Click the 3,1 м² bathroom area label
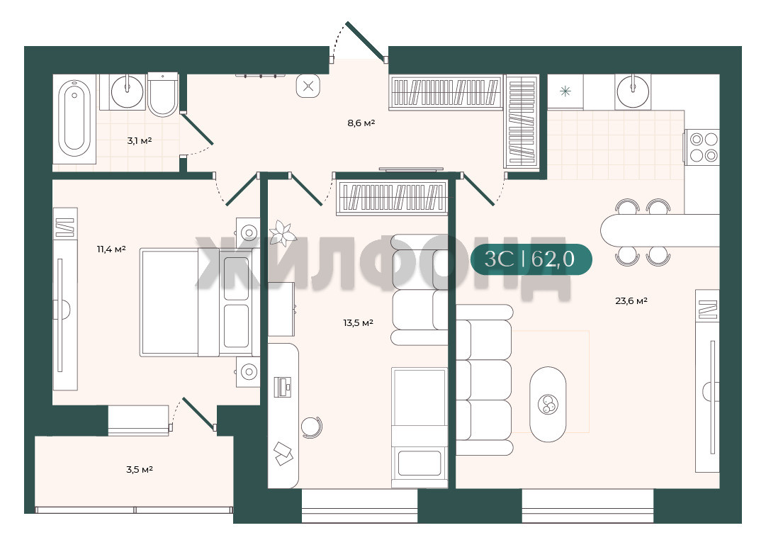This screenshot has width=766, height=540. click(x=139, y=141)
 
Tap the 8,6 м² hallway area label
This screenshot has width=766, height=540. click(x=361, y=123)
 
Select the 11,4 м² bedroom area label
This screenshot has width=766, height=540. click(x=111, y=249)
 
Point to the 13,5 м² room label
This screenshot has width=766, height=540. click(x=358, y=322)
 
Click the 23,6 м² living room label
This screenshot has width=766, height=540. click(x=631, y=300)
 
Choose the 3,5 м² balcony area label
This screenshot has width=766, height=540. click(x=139, y=470)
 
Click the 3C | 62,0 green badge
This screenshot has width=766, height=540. click(x=531, y=259)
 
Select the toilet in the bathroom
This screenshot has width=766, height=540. click(x=163, y=95)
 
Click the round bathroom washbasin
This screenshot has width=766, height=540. click(x=128, y=91)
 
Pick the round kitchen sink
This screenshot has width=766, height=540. click(x=633, y=91)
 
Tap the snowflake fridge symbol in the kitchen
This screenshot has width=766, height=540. click(x=565, y=91)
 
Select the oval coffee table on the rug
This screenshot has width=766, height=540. click(x=548, y=404)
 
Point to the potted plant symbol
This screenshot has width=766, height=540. click(x=282, y=233)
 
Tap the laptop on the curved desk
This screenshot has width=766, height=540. click(x=282, y=386)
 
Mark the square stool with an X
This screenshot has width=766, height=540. click(x=308, y=86)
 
